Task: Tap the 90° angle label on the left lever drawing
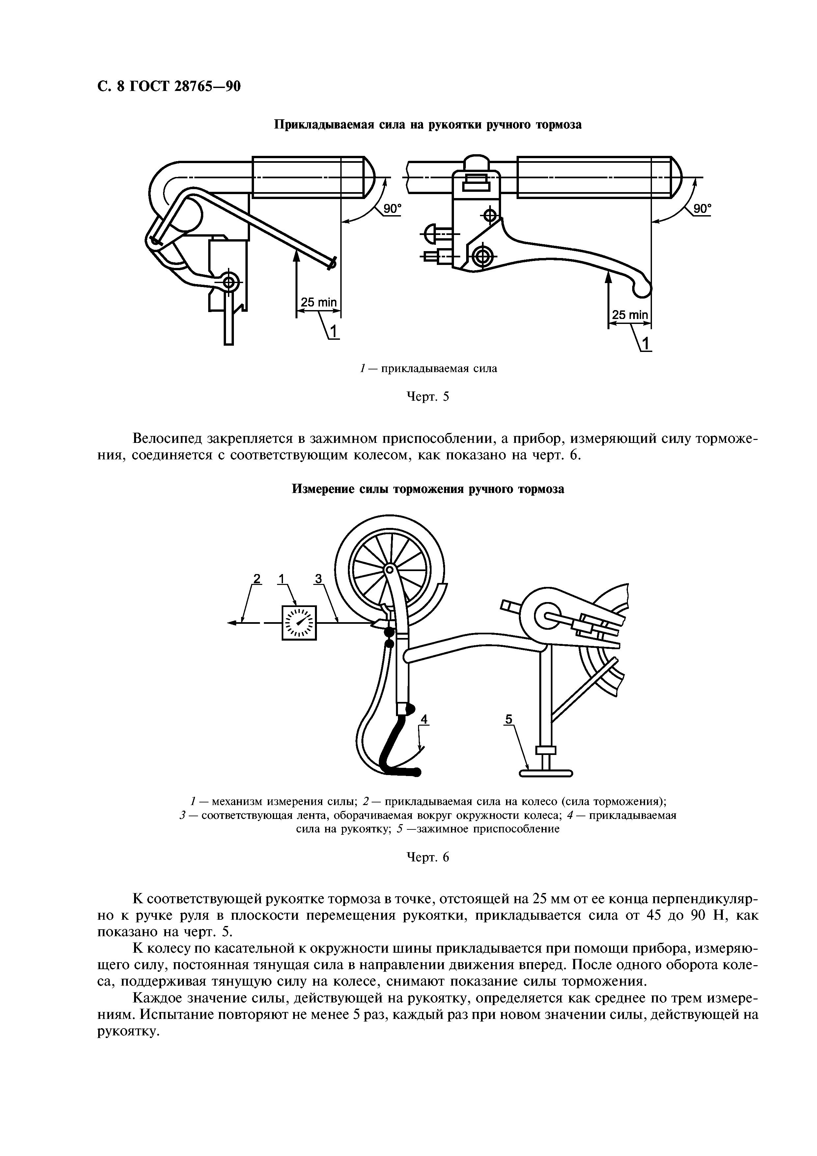[392, 209]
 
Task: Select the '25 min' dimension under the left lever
[318, 302]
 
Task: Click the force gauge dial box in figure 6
[299, 623]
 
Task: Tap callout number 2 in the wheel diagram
[257, 579]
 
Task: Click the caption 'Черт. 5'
[427, 397]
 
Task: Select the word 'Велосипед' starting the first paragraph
[168, 439]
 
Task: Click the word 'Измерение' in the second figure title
[324, 489]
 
